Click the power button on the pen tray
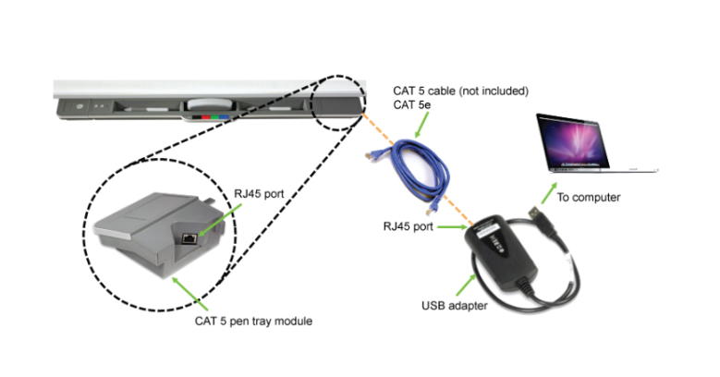[80, 106]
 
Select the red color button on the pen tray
[202, 117]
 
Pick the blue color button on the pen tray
[224, 117]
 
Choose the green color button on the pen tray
[214, 117]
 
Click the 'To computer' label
[588, 197]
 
